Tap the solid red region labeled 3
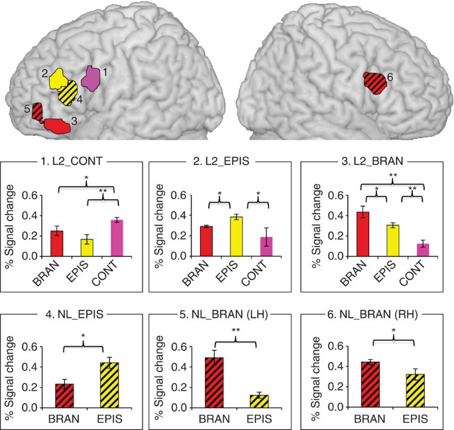(56, 125)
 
